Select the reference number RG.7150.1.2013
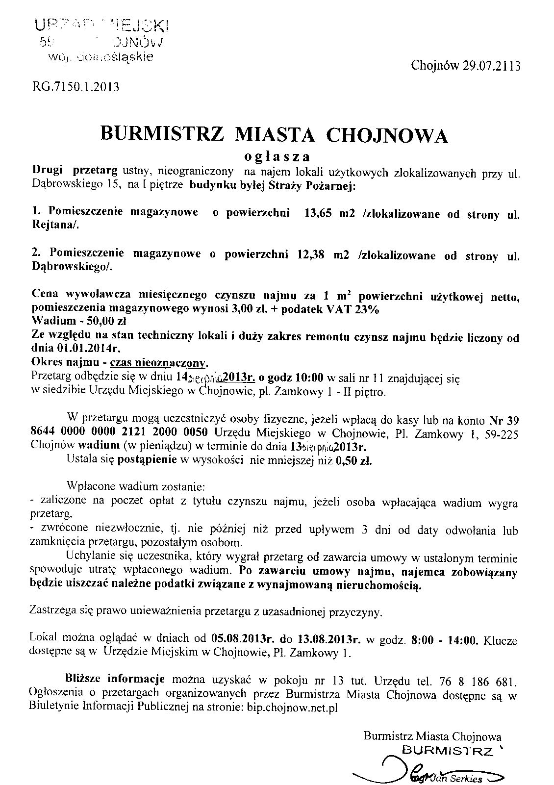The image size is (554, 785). tap(76, 87)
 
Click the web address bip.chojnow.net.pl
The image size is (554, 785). tap(291, 708)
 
